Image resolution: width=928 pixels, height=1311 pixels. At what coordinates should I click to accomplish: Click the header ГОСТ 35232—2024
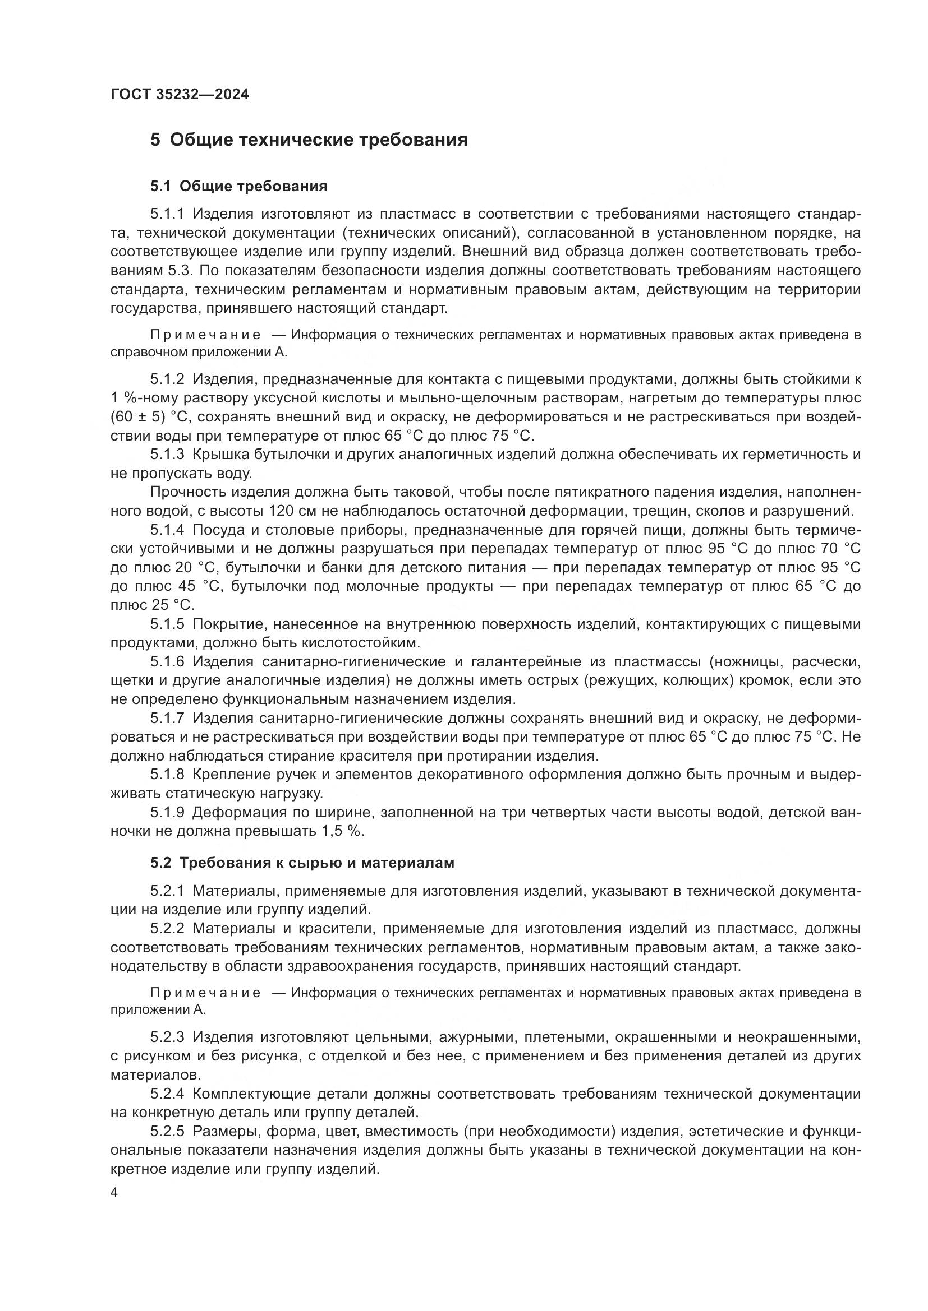[180, 95]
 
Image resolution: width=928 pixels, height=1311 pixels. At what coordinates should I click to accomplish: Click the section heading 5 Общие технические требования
[309, 140]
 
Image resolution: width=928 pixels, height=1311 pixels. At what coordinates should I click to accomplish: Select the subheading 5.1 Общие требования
[238, 186]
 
